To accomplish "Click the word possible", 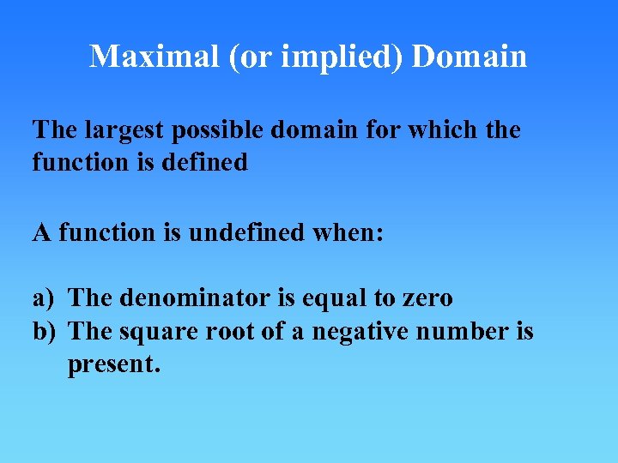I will [x=222, y=131].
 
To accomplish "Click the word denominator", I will [x=187, y=298].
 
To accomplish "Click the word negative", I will [x=354, y=330].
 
